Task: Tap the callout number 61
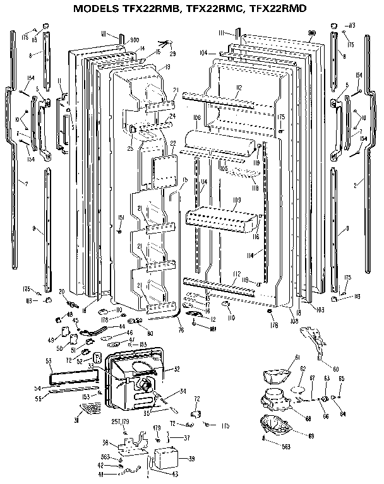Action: tap(295, 358)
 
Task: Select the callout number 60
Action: tap(335, 369)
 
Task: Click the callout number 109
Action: tap(237, 200)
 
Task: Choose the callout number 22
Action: tap(172, 145)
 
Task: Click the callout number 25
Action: tap(129, 149)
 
